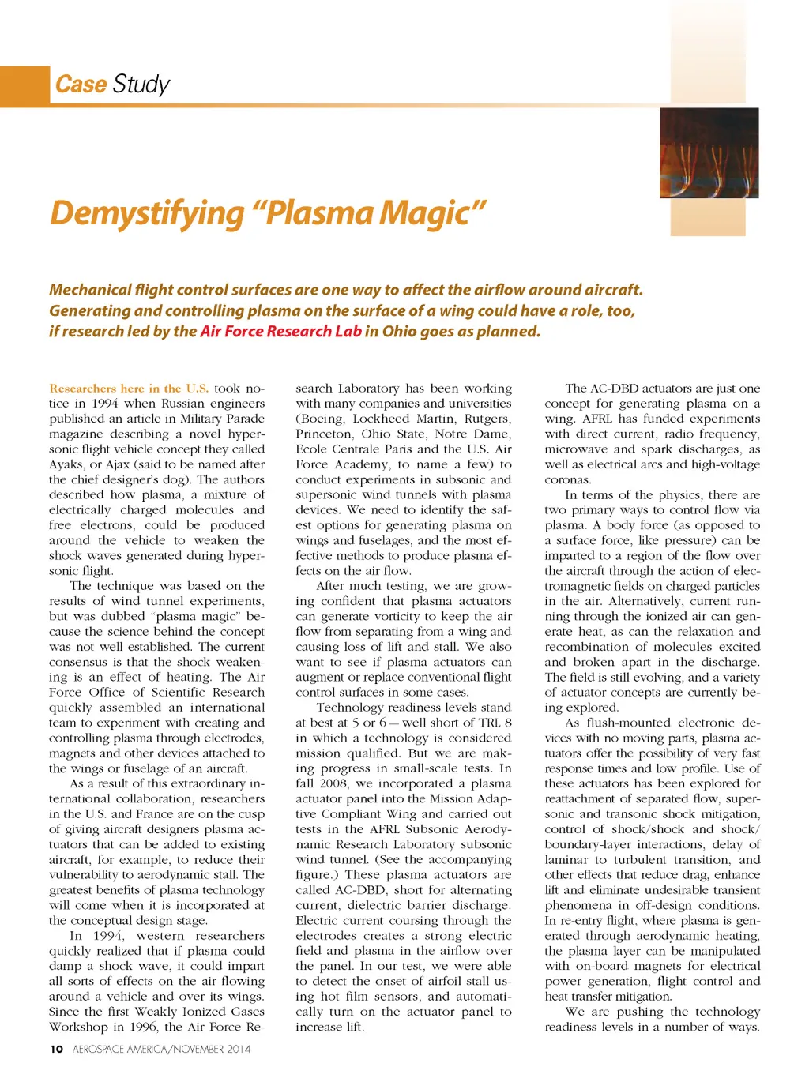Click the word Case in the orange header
[x=81, y=84]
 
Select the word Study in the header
[x=141, y=84]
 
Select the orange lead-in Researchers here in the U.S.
[x=129, y=389]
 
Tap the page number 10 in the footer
[x=56, y=1050]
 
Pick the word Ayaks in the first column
[x=66, y=464]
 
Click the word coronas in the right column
[x=567, y=480]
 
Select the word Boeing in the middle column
[x=321, y=419]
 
